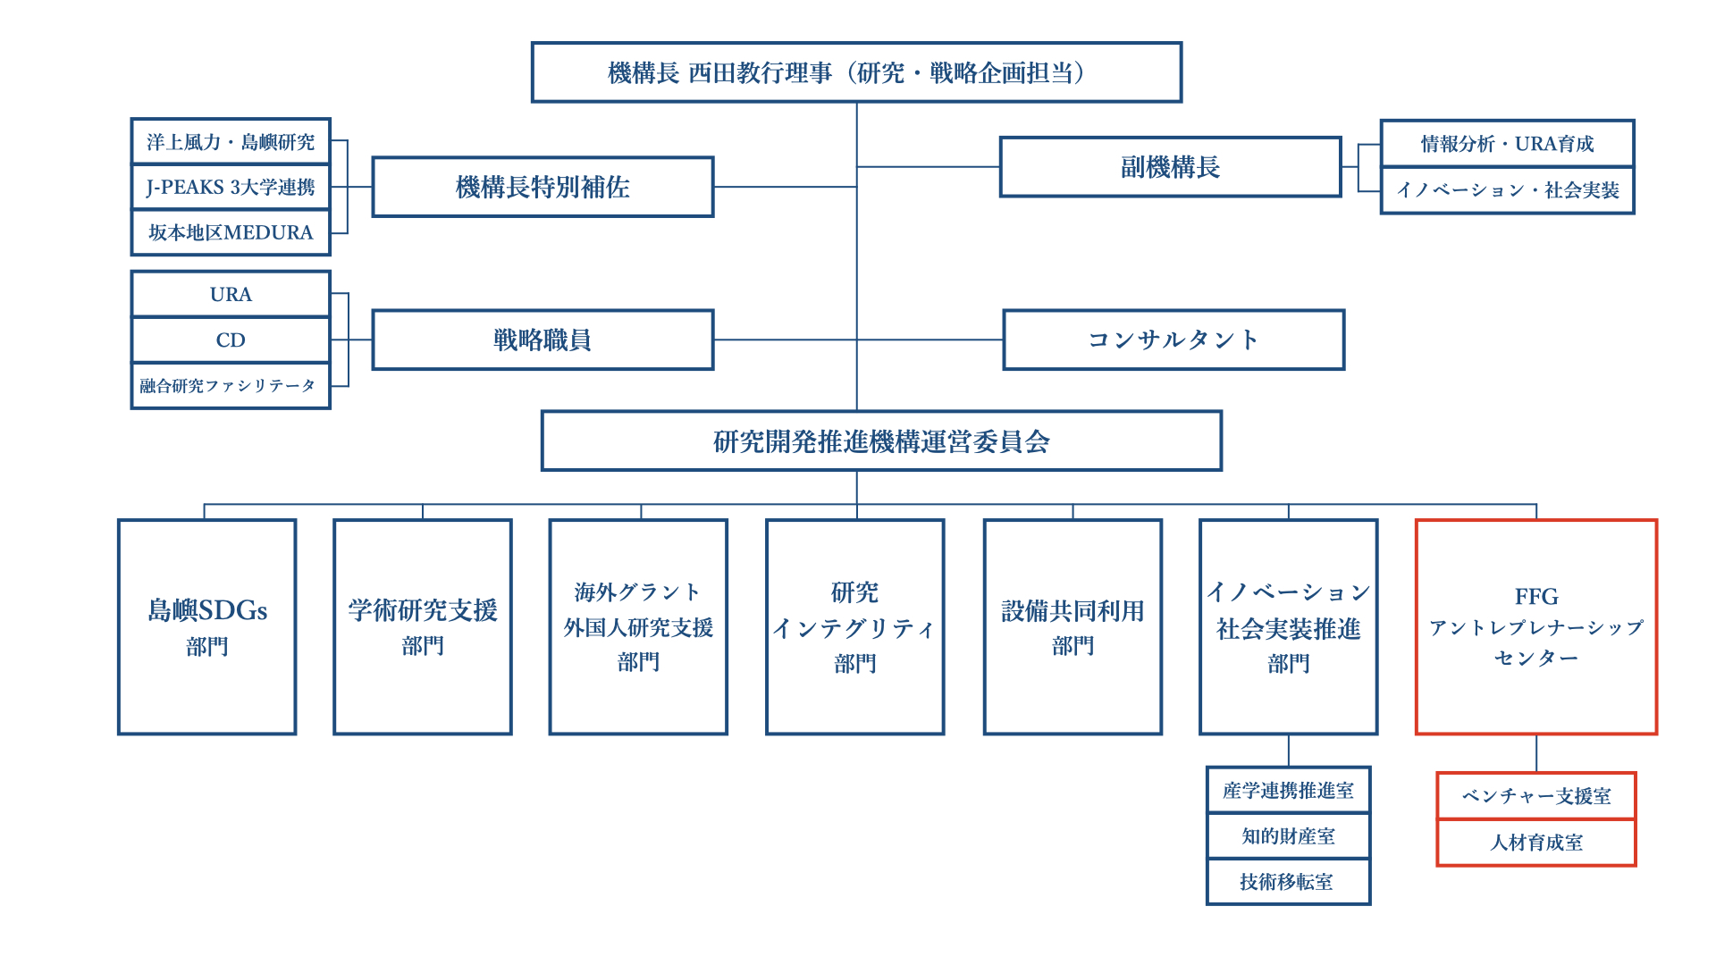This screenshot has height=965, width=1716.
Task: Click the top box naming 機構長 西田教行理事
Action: (x=856, y=72)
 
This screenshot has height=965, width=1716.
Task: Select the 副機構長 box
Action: (x=1170, y=167)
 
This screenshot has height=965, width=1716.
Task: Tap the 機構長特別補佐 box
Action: (x=543, y=187)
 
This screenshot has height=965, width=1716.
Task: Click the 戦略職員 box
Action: (x=543, y=340)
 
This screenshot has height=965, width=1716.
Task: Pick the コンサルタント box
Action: (x=1173, y=340)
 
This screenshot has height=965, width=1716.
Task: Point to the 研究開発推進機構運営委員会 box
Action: (x=881, y=441)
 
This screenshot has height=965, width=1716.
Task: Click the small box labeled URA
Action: (x=231, y=294)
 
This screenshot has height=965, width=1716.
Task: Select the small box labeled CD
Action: (x=231, y=340)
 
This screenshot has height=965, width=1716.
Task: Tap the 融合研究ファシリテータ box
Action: (x=231, y=386)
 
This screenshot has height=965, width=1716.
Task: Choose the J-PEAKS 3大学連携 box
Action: (x=231, y=188)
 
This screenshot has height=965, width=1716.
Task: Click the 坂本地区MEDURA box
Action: (x=231, y=232)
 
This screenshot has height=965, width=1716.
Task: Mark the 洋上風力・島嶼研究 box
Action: (x=231, y=142)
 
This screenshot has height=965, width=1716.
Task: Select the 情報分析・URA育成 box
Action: (x=1507, y=144)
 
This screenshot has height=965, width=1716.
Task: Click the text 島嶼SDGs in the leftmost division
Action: (x=207, y=610)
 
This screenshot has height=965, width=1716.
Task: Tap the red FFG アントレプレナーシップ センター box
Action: (x=1535, y=627)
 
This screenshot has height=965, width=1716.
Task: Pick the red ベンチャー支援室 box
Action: (x=1535, y=796)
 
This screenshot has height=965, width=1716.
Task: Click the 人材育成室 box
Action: (x=1535, y=843)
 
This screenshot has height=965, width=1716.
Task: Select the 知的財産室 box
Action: (x=1288, y=836)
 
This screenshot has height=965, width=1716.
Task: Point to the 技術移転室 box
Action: (x=1288, y=882)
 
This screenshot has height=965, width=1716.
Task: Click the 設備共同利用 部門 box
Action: (x=1072, y=627)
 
